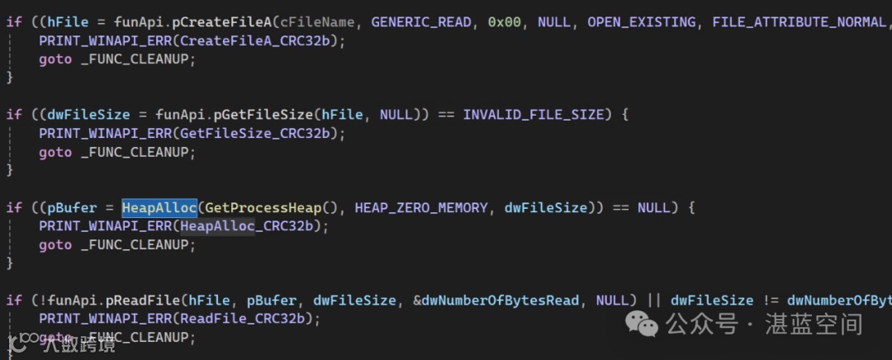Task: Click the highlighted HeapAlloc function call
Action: coord(159,207)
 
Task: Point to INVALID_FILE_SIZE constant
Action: coord(534,114)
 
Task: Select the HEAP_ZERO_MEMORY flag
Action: coord(421,207)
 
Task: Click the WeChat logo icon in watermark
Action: coord(642,323)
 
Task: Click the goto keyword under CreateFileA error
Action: coord(55,59)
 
